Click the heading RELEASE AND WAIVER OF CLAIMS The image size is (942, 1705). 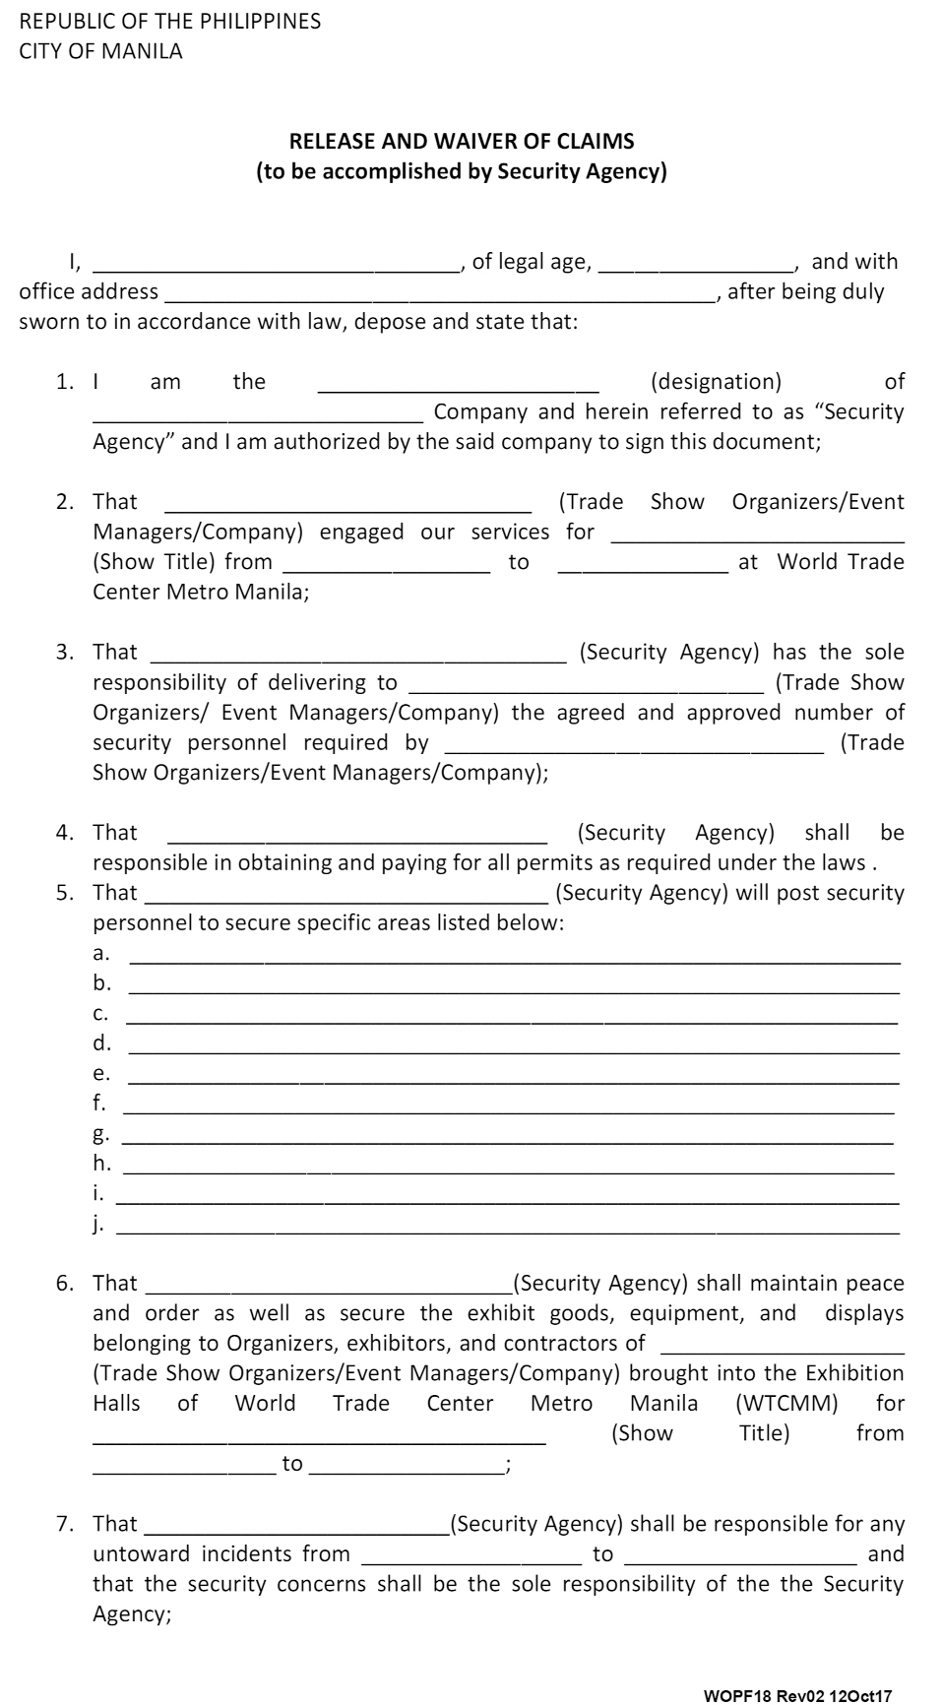point(462,141)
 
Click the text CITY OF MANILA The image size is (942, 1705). point(100,51)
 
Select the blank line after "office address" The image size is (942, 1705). point(440,293)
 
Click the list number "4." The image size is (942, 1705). point(65,833)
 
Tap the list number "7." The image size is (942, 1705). point(65,1524)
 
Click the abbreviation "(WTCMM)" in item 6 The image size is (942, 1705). point(786,1403)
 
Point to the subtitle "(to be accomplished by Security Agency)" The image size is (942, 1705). point(462,171)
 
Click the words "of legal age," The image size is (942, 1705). point(532,262)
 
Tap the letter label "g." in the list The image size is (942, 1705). point(101,1134)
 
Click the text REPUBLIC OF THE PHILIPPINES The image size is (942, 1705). point(170,22)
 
